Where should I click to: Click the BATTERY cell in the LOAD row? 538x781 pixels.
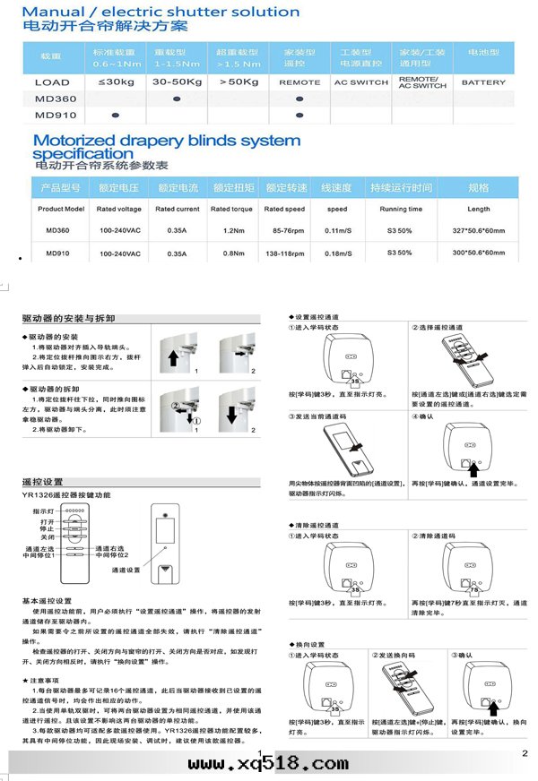coord(483,82)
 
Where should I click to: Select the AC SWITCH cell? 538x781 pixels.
coord(360,82)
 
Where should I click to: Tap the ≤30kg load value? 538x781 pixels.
coord(114,82)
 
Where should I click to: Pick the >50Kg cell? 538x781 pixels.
coord(237,82)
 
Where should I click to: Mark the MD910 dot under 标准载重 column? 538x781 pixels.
coord(115,116)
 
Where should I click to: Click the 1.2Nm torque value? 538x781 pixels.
coord(232,231)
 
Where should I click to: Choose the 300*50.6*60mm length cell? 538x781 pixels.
coord(479,253)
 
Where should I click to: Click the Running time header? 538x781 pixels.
coord(400,209)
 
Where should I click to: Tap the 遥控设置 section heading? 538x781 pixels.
coord(42,481)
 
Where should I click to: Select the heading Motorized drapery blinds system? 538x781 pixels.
coord(166,141)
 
